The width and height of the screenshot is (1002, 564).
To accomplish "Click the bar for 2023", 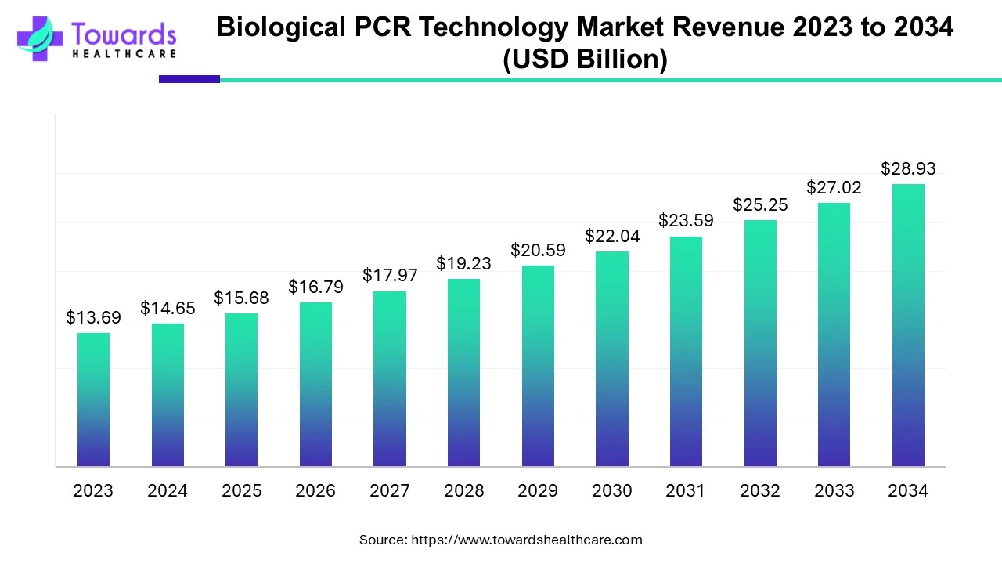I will pos(93,399).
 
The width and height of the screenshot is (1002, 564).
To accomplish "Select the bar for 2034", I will pos(908,325).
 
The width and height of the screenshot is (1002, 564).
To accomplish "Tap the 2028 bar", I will pos(463,373).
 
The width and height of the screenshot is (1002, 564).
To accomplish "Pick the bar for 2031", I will pos(686,352).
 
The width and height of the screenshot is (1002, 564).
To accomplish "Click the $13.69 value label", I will pos(93,317).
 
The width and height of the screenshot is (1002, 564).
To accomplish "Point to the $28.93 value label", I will pos(908,168).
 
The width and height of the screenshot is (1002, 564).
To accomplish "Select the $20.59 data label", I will pos(538,251).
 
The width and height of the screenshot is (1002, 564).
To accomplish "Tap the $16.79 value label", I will pos(315,287).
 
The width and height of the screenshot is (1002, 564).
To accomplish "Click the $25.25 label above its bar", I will pos(760,204).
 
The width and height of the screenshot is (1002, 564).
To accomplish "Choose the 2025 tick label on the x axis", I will pos(241,491).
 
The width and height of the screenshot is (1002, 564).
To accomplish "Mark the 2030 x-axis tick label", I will pos(611,491).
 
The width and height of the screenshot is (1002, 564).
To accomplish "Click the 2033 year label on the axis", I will pos(834,491).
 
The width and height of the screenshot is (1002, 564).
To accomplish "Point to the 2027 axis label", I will pos(389,491).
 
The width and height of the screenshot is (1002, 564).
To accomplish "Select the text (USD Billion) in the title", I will pos(585,59).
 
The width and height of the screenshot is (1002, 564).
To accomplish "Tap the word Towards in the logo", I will pos(124,34).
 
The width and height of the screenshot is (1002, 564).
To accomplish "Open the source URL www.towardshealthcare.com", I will pos(526,540).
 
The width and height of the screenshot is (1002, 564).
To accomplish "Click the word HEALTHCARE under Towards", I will pos(124,54).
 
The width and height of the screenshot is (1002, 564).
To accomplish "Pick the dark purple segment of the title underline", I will pos(189,79).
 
